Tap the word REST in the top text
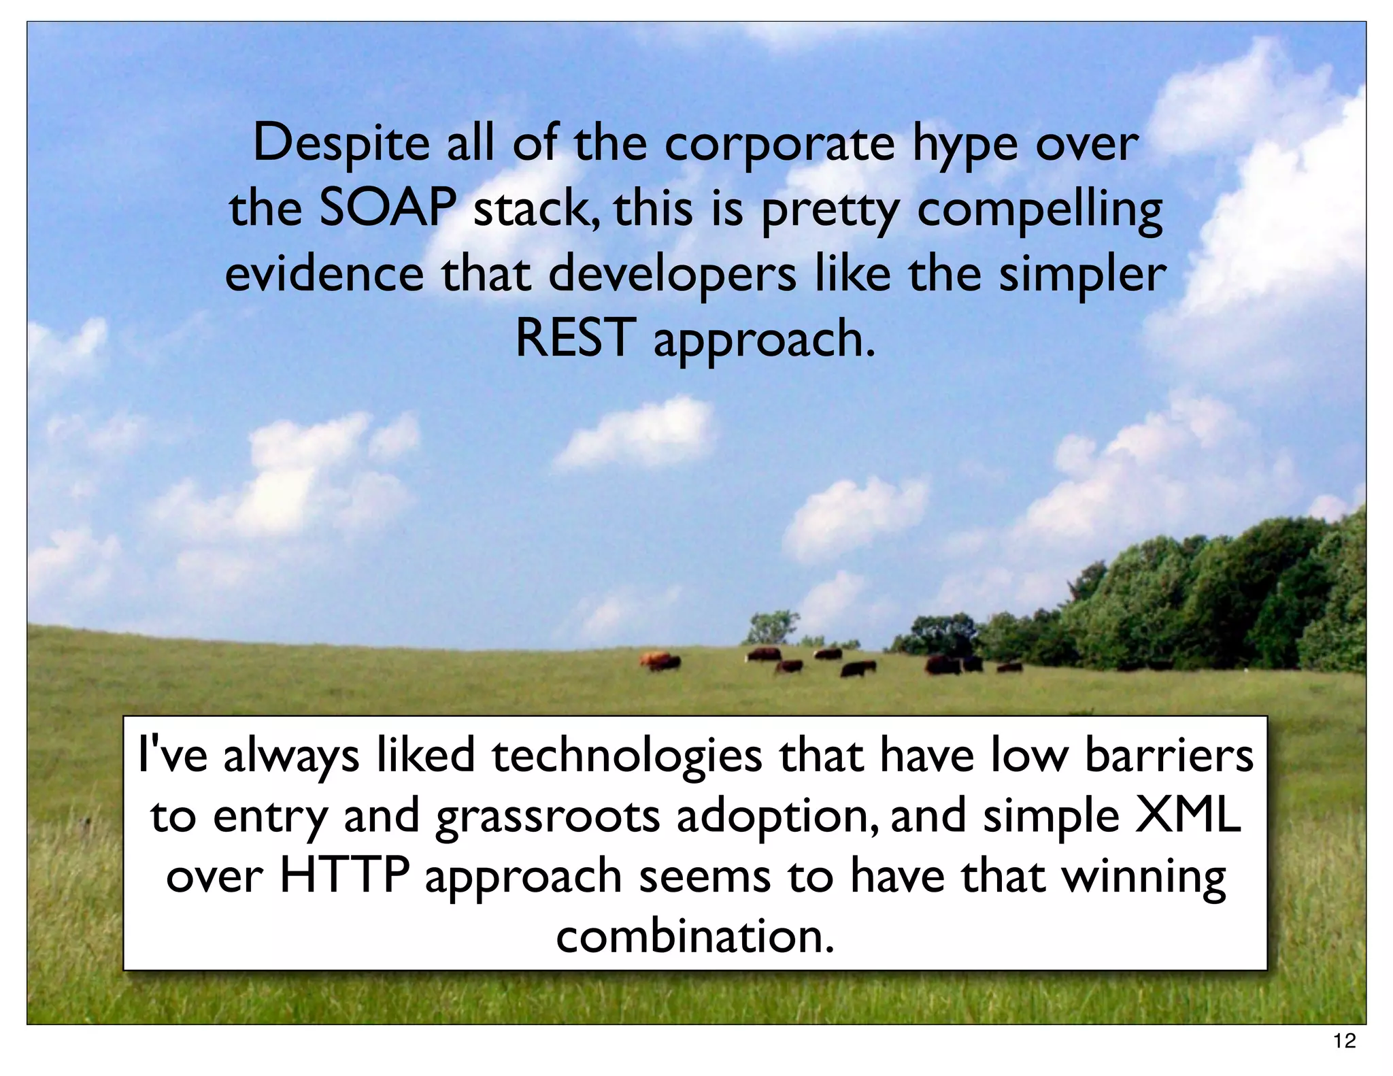coord(575,338)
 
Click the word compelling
coord(1040,209)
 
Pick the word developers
coord(672,274)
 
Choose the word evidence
coord(324,274)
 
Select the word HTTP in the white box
coord(344,875)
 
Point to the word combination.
coord(695,936)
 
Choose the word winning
coord(1145,877)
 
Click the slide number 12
coord(1345,1041)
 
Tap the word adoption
coord(775,817)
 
